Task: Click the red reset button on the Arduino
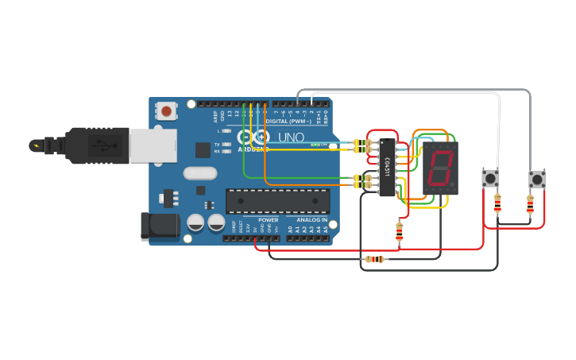point(166,110)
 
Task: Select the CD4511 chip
point(387,167)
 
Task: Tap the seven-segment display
point(440,168)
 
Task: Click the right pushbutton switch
point(538,178)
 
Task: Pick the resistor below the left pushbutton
point(497,203)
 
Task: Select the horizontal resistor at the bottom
point(373,259)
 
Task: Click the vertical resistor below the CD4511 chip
point(399,230)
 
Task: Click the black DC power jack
point(158,226)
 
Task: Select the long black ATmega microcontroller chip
point(277,201)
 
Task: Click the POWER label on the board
point(268,220)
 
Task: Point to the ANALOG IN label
point(312,220)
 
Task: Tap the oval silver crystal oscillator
point(199,172)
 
